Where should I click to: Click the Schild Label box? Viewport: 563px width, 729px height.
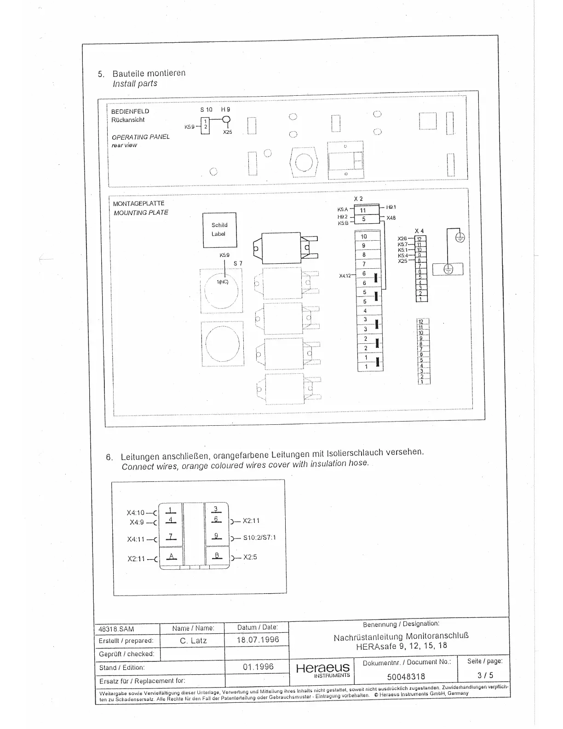219,230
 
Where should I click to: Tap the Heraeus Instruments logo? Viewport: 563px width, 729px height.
323,670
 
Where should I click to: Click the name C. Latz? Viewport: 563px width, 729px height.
193,640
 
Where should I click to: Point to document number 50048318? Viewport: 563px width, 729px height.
406,676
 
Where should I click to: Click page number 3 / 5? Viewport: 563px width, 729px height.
485,675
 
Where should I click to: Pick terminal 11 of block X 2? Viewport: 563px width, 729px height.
363,210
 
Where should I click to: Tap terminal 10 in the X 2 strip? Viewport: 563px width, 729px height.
364,237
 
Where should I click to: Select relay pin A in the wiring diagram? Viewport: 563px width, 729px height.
171,556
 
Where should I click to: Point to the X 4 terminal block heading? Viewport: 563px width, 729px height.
419,231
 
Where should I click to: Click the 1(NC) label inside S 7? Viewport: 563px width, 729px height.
223,282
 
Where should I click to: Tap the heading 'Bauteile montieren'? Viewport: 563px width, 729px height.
149,73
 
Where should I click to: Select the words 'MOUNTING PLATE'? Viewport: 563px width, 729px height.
141,213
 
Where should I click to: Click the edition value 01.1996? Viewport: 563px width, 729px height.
258,666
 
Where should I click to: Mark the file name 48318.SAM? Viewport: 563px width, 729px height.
117,629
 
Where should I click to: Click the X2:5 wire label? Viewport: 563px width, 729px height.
250,557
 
